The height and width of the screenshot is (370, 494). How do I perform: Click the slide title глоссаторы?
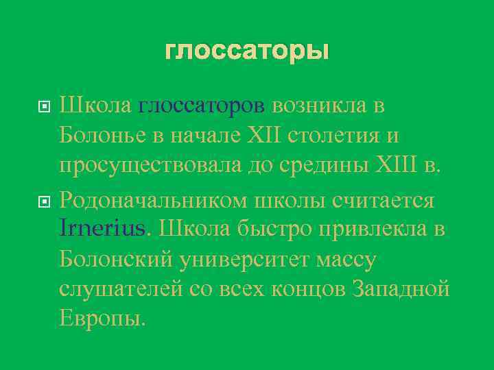(247, 51)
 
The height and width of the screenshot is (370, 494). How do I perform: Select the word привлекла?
(370, 229)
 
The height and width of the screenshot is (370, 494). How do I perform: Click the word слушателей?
(120, 289)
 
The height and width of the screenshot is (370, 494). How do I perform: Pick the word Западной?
(401, 289)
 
